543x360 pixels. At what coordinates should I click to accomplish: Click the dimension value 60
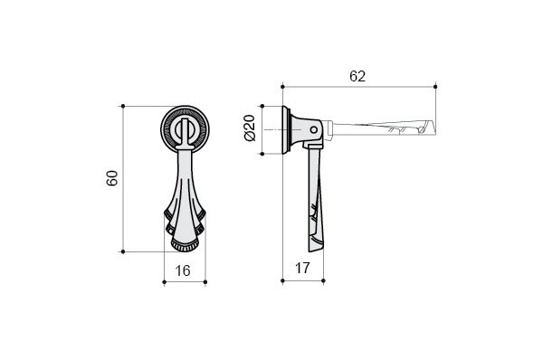tap(112, 178)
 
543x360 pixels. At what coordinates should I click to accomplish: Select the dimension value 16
tap(183, 270)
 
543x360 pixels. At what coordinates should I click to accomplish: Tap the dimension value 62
tap(357, 76)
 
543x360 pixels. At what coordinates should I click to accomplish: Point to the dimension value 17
tap(302, 269)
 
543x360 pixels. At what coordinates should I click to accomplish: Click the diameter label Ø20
tap(250, 128)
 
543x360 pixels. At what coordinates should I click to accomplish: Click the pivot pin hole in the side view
tap(313, 130)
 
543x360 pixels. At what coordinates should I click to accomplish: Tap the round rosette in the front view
tap(186, 128)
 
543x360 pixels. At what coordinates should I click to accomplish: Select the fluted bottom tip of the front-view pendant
tap(185, 245)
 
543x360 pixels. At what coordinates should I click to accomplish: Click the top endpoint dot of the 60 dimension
tap(123, 106)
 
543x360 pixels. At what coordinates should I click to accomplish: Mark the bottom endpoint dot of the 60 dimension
tap(123, 251)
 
